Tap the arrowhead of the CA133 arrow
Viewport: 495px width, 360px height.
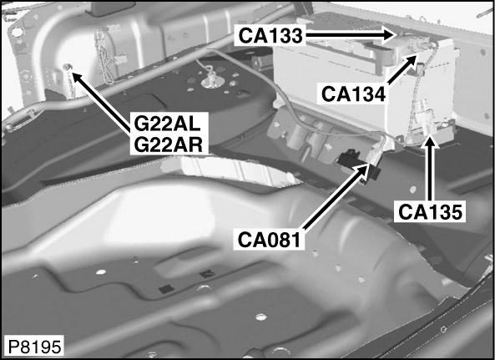[x=390, y=35]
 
